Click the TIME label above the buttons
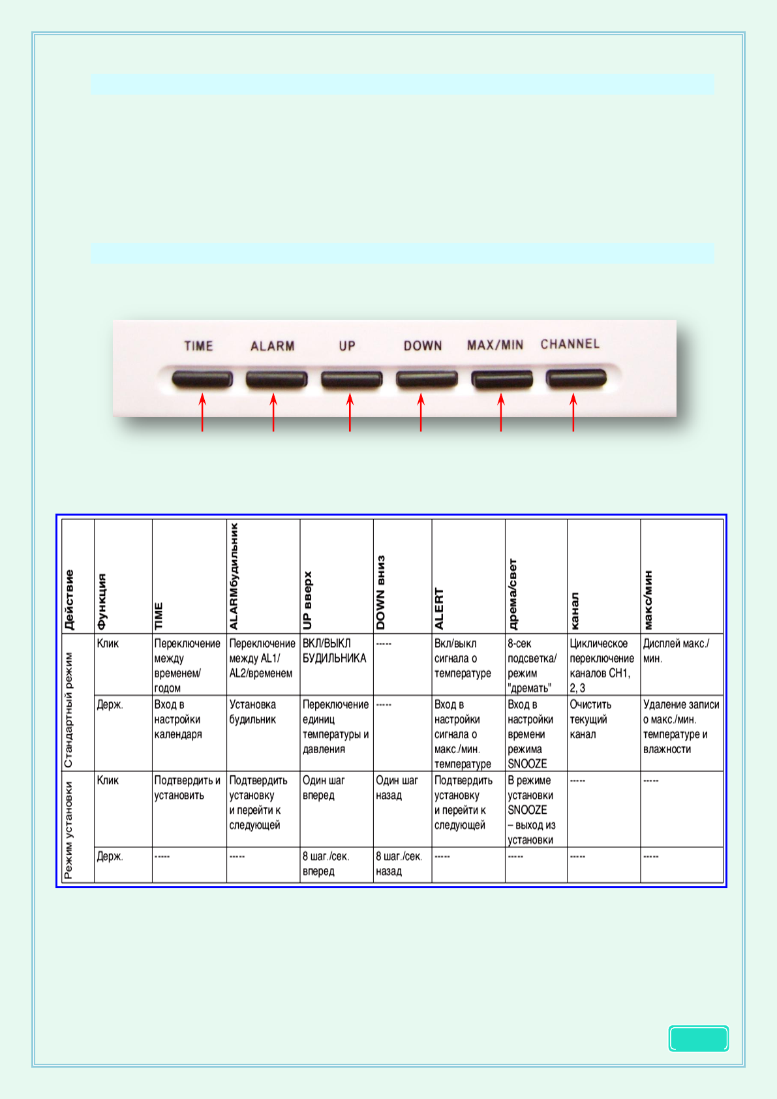pos(198,346)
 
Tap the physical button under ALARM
pos(277,379)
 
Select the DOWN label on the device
pos(423,346)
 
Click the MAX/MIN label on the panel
pos(495,345)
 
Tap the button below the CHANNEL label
pos(577,378)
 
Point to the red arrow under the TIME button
pos(203,412)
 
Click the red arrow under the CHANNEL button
pos(573,412)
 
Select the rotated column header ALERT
pos(439,608)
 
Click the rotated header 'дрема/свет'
pos(513,594)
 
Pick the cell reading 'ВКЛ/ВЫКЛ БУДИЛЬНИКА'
pos(335,651)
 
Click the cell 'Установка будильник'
pos(253,712)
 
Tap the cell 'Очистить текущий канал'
pos(591,719)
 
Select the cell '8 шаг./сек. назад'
pos(399,863)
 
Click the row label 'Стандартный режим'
pos(69,709)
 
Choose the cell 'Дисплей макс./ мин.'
pos(676,651)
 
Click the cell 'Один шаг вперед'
pos(324,788)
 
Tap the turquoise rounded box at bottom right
pos(698,1038)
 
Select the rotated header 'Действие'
pos(69,600)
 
